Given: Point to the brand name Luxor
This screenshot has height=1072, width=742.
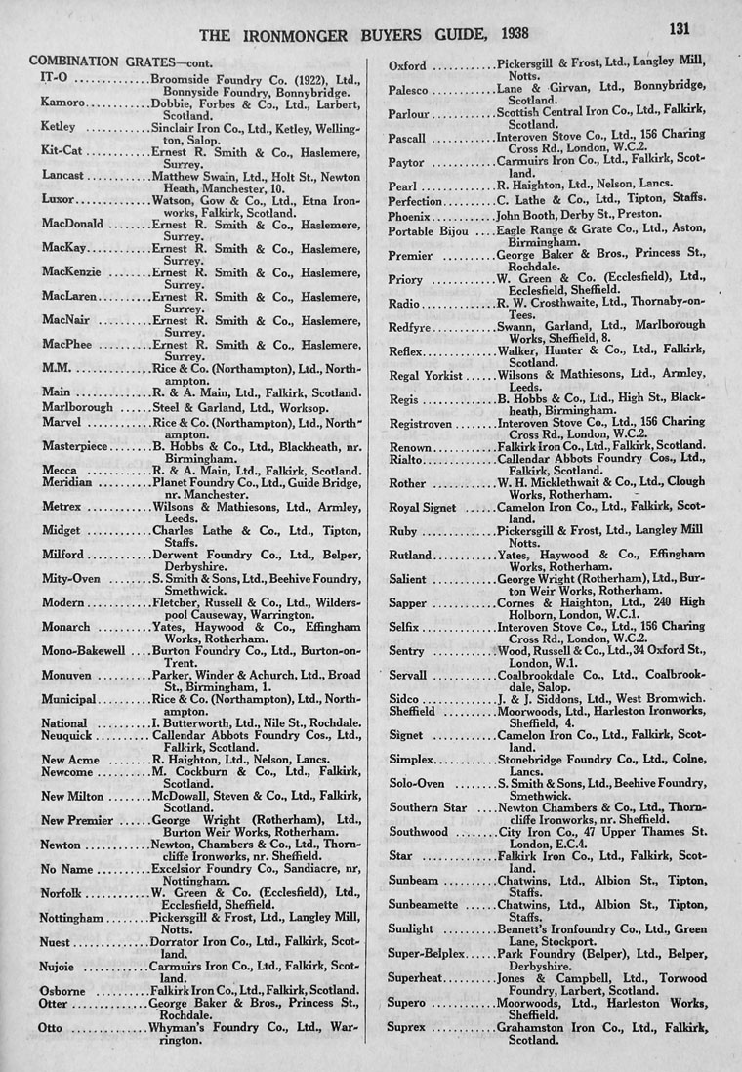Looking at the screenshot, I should (60, 198).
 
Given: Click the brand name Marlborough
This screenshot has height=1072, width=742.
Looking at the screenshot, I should (77, 406).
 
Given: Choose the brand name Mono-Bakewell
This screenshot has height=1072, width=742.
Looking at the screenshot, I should (83, 649).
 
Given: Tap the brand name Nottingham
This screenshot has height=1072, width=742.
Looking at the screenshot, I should (71, 918).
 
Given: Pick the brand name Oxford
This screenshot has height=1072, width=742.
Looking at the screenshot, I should (409, 66).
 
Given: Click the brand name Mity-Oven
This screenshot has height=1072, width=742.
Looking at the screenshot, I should (69, 578).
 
